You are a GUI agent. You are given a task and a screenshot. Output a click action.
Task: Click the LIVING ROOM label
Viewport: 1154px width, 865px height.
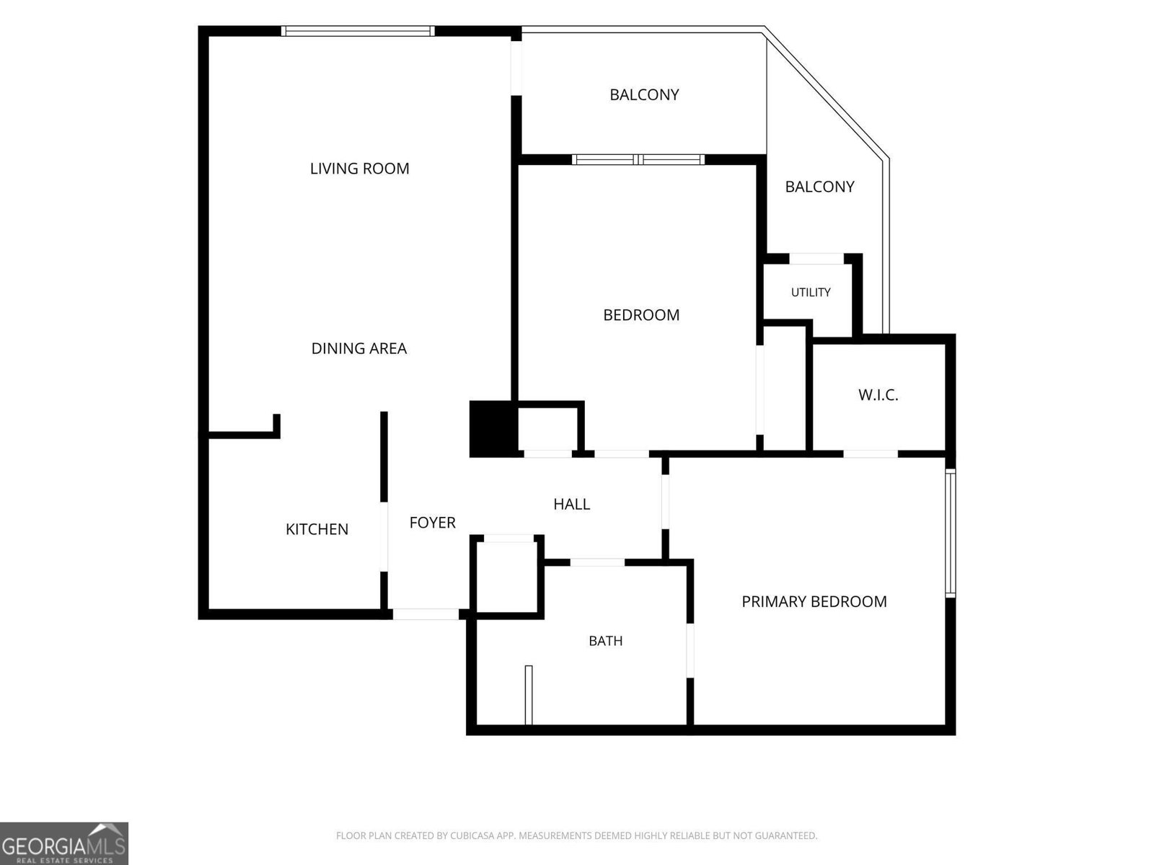point(360,169)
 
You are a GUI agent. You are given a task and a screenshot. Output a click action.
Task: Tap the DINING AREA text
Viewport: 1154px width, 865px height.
point(359,348)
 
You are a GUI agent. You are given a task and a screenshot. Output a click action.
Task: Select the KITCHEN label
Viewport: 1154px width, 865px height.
point(317,529)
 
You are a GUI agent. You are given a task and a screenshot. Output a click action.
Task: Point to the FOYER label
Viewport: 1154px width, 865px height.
point(432,523)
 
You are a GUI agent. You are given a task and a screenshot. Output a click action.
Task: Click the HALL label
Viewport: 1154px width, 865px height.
point(571,504)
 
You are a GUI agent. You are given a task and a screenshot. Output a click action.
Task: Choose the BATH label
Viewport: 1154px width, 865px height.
point(606,641)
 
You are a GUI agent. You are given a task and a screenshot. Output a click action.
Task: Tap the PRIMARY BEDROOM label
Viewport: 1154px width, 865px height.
point(814,601)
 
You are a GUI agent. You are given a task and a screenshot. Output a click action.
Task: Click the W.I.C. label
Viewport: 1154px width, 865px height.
point(878,395)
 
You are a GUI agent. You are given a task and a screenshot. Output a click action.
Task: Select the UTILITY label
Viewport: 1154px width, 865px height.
point(811,292)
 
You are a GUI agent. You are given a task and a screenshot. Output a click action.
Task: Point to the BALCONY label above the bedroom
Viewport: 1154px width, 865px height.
point(644,94)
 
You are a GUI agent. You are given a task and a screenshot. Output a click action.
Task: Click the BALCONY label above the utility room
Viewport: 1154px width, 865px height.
point(819,187)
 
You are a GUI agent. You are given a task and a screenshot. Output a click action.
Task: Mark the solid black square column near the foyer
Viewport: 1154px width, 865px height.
point(493,429)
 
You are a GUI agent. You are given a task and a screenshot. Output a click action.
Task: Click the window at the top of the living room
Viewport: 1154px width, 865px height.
point(358,31)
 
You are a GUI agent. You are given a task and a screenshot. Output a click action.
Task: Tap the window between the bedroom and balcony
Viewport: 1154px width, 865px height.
point(638,159)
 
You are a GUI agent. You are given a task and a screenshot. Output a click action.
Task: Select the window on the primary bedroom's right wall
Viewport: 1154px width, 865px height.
point(951,533)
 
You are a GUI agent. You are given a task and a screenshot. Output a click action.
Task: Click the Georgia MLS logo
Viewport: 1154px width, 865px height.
point(64,843)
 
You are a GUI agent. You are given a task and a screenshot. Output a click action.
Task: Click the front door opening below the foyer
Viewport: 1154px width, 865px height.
point(426,614)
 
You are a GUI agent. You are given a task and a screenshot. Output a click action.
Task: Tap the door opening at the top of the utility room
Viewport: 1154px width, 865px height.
point(816,258)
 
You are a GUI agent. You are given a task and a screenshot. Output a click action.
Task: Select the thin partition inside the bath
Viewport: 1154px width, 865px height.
point(529,695)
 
